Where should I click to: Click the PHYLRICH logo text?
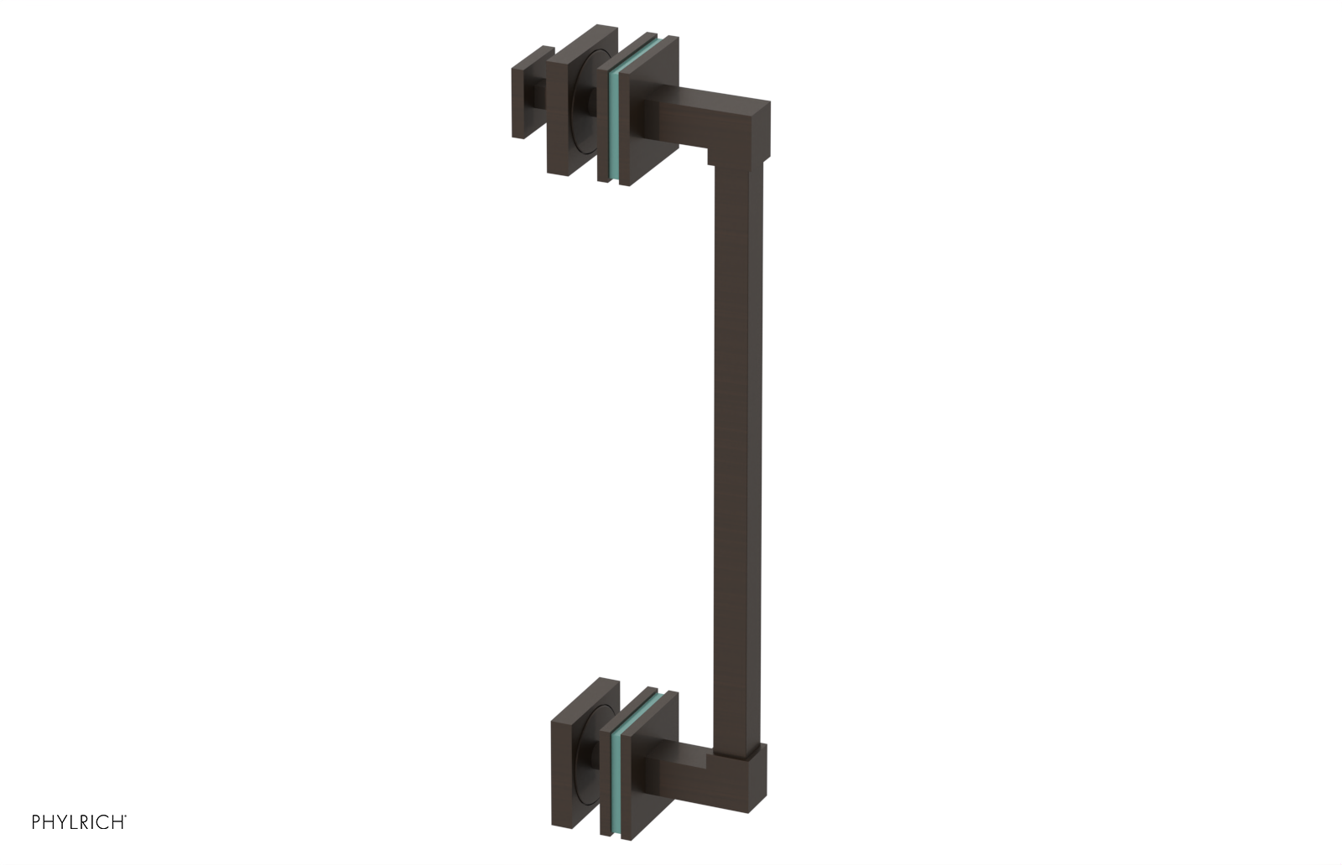tap(79, 822)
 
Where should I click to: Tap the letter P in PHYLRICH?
tap(37, 822)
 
